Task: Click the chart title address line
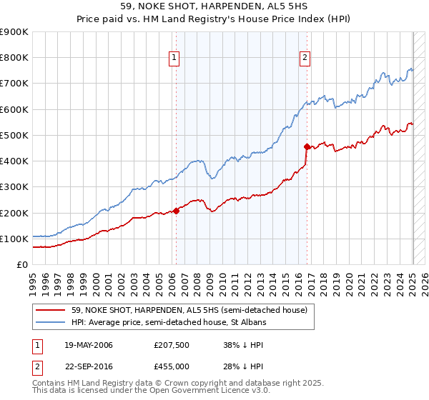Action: (x=214, y=6)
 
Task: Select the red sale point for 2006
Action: (x=176, y=211)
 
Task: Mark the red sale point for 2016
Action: (x=307, y=147)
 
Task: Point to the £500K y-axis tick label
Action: (x=14, y=135)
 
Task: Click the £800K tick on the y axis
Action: (x=14, y=57)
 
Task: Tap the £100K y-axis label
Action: (x=14, y=239)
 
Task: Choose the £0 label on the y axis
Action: (x=21, y=264)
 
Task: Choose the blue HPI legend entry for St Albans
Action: (x=168, y=323)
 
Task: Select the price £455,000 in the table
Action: (x=172, y=366)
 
